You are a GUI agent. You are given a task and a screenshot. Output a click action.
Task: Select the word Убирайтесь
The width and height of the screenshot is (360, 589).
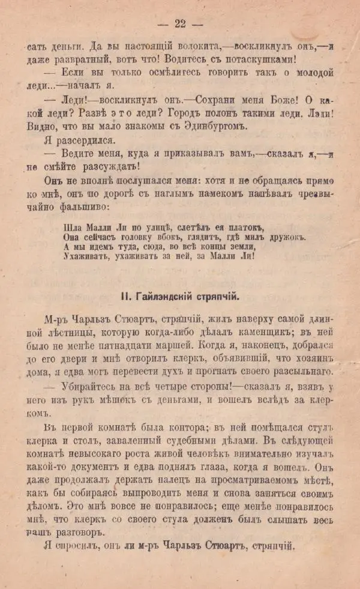click(77, 387)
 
